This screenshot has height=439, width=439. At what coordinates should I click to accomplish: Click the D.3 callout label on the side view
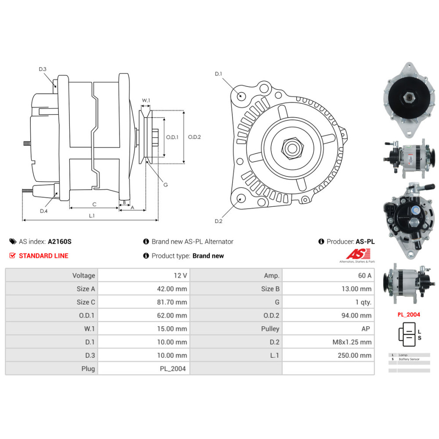(43, 69)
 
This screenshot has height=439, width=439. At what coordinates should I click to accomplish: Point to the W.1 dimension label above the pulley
(146, 101)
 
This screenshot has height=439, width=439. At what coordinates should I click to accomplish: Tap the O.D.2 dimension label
(194, 137)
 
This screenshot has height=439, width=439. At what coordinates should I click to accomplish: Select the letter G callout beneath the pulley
(165, 185)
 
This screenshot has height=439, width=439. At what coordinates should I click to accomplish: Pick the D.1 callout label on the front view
(218, 74)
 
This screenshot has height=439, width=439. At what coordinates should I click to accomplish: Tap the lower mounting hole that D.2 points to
(240, 198)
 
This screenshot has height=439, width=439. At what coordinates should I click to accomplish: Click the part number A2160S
(60, 241)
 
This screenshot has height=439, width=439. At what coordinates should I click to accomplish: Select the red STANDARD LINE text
(43, 255)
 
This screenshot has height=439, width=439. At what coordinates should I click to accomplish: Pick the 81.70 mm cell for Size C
(174, 302)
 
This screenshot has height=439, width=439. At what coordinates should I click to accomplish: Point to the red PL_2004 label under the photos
(408, 314)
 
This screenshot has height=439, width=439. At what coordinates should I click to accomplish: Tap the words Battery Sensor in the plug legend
(409, 359)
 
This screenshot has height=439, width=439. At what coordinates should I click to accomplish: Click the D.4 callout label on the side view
(44, 211)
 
